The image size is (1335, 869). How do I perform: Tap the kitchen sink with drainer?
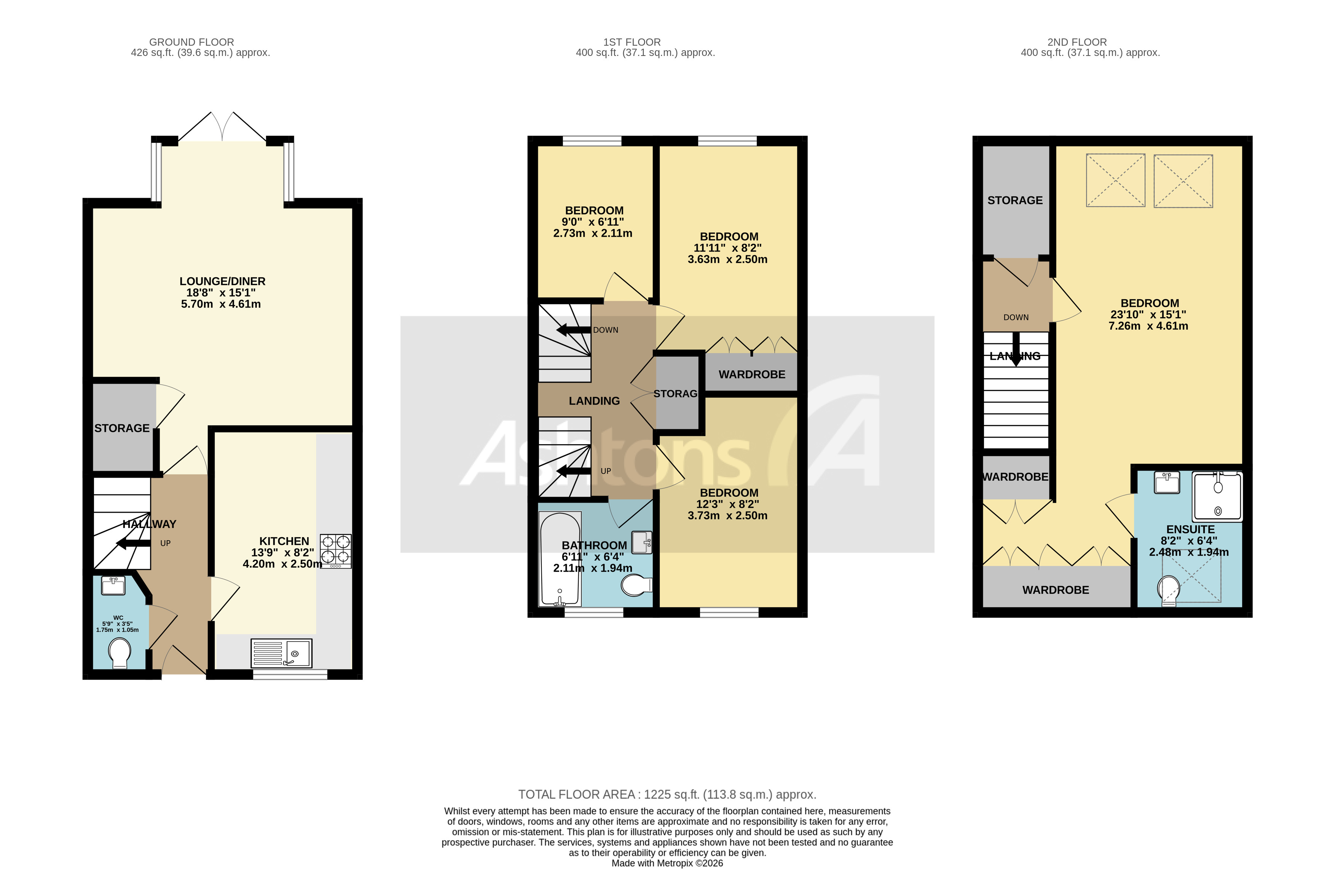(281, 653)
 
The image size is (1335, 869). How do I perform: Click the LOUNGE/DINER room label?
(222, 281)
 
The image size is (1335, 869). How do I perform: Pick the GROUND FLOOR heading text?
(191, 42)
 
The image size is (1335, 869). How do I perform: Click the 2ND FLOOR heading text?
(1077, 42)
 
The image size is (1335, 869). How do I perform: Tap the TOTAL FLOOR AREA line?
(667, 794)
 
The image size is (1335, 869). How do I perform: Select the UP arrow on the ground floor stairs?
(133, 543)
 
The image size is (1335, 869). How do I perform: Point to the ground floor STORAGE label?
(122, 428)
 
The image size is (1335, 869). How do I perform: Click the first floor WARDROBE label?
(752, 374)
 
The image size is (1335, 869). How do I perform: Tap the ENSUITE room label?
(1190, 529)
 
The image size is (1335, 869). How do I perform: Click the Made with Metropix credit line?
(667, 863)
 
